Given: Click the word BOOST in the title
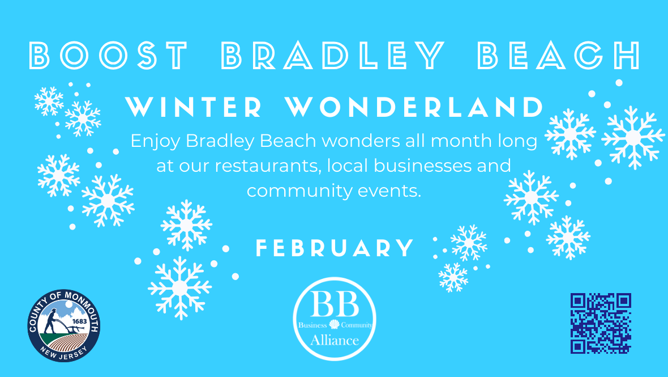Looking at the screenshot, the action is [108, 56].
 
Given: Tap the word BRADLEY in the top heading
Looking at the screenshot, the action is [333, 56].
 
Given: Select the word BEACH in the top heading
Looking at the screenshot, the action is [559, 56].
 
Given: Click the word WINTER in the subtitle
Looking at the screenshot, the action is [194, 107].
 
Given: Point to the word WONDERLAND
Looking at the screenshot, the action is [414, 107].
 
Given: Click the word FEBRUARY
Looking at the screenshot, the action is [335, 248].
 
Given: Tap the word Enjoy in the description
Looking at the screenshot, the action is [156, 141].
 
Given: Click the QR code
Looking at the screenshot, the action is [601, 323].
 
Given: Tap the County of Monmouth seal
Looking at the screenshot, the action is [64, 326].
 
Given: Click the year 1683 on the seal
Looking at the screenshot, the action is [80, 321].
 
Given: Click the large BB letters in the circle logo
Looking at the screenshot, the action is [335, 304].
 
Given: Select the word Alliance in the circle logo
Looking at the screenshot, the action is [335, 340].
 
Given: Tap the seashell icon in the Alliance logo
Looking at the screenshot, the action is [335, 324].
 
